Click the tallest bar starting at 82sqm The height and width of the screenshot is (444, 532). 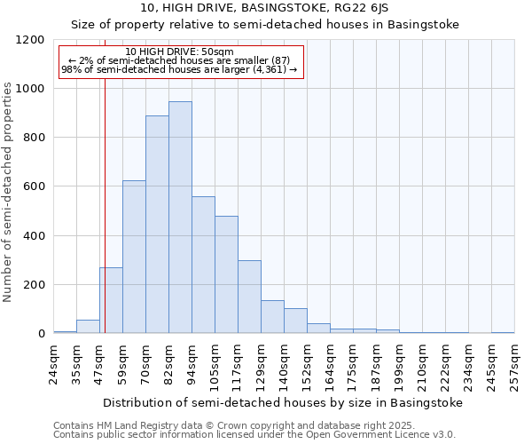coord(180,218)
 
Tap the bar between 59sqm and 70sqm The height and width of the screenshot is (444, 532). coord(134,257)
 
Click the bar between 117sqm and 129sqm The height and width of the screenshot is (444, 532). coord(249,297)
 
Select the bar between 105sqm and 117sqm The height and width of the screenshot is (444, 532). coord(226,274)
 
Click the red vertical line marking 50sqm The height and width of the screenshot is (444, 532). coord(105,195)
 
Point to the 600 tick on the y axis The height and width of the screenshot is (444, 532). coord(34,186)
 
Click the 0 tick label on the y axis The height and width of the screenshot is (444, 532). coord(42,334)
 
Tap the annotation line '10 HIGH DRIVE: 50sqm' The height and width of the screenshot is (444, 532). coord(180,52)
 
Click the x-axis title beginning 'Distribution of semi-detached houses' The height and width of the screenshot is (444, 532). coord(283,402)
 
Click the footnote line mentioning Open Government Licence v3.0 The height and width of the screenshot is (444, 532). coord(254,435)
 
